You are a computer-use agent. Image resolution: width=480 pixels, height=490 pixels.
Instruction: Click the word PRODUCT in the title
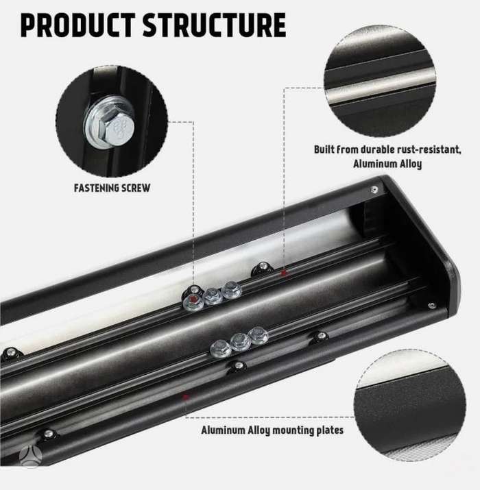[77, 25]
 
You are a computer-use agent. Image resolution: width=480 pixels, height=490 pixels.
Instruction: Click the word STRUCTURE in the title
[215, 25]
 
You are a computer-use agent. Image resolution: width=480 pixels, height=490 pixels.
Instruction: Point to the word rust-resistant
[429, 149]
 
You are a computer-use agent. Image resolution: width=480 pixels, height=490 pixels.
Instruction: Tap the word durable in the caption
[378, 149]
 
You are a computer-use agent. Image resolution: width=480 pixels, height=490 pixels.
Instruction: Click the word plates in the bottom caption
[331, 430]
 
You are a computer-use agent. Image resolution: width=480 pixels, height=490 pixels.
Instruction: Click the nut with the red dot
[193, 302]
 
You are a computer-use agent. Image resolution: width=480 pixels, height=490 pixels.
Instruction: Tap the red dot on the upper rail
[284, 273]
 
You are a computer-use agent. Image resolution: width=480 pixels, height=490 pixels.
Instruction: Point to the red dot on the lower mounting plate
[186, 397]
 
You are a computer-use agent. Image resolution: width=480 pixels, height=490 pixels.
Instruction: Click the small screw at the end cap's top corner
[374, 189]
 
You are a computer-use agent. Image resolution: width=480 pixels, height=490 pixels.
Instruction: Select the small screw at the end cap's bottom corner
[432, 306]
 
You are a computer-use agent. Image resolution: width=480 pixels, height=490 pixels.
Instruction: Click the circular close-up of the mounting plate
[410, 405]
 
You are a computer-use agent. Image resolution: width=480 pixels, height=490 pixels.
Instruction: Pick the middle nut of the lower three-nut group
[240, 341]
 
